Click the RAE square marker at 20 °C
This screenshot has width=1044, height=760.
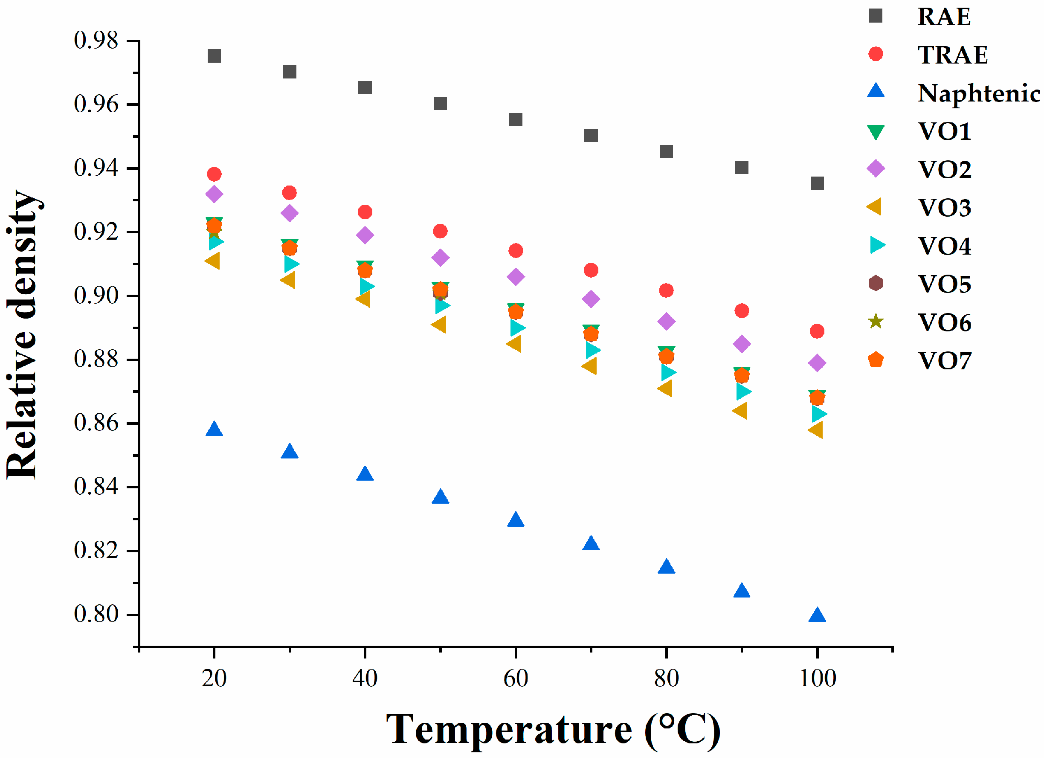[214, 56]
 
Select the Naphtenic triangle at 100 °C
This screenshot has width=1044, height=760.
[817, 615]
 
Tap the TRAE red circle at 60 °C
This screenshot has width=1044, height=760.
[516, 250]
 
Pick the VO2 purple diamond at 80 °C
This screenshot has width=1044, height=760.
[666, 321]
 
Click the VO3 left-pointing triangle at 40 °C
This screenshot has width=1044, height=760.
[364, 299]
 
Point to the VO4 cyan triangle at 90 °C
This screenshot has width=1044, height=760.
[743, 392]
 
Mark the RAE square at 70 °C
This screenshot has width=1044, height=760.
[591, 135]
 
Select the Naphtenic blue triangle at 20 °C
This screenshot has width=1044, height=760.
[214, 429]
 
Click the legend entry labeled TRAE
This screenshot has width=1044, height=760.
[952, 55]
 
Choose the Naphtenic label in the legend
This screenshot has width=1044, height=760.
[978, 93]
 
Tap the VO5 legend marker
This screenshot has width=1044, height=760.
[876, 283]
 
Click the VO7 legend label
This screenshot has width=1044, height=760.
[945, 361]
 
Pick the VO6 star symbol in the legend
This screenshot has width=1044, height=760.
[876, 321]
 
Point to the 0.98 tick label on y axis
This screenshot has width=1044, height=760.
[96, 41]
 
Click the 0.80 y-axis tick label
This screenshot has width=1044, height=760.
[96, 615]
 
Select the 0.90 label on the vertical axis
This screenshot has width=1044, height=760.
[96, 296]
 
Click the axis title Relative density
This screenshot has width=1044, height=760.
[23, 334]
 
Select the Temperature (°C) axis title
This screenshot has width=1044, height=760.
[552, 730]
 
